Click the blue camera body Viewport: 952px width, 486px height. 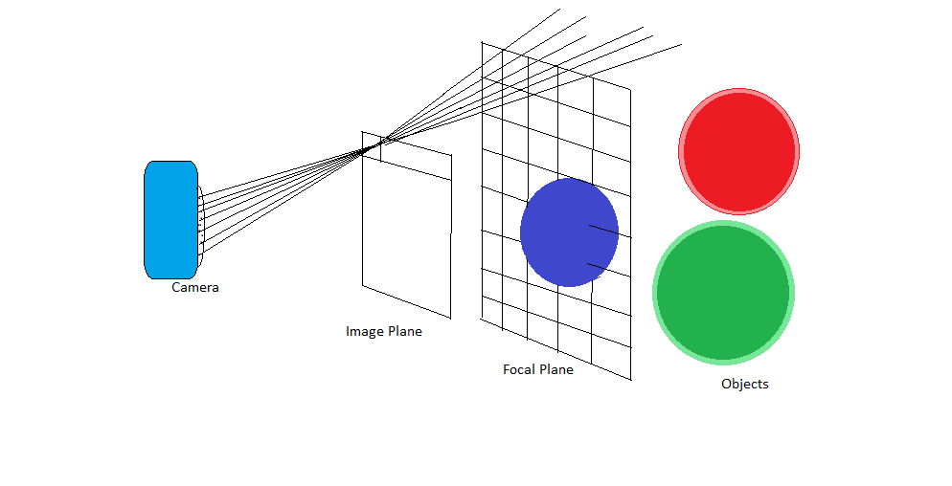pyautogui.click(x=170, y=220)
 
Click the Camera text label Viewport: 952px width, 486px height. pyautogui.click(x=194, y=287)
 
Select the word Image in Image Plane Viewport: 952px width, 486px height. pyautogui.click(x=365, y=331)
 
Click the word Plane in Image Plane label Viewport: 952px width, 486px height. pyautogui.click(x=405, y=331)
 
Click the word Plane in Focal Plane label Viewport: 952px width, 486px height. pyautogui.click(x=556, y=369)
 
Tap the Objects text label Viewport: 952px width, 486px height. pyautogui.click(x=744, y=384)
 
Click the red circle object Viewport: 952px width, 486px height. pyautogui.click(x=738, y=151)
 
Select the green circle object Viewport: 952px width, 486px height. pyautogui.click(x=723, y=292)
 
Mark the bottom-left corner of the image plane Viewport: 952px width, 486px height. pyautogui.click(x=362, y=284)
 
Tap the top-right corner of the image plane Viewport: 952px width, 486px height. pyautogui.click(x=452, y=154)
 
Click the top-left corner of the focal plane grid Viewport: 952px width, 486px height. pyautogui.click(x=482, y=42)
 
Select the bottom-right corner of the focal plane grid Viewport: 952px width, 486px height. pyautogui.click(x=631, y=380)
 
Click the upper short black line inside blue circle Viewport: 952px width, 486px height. pyautogui.click(x=603, y=231)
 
